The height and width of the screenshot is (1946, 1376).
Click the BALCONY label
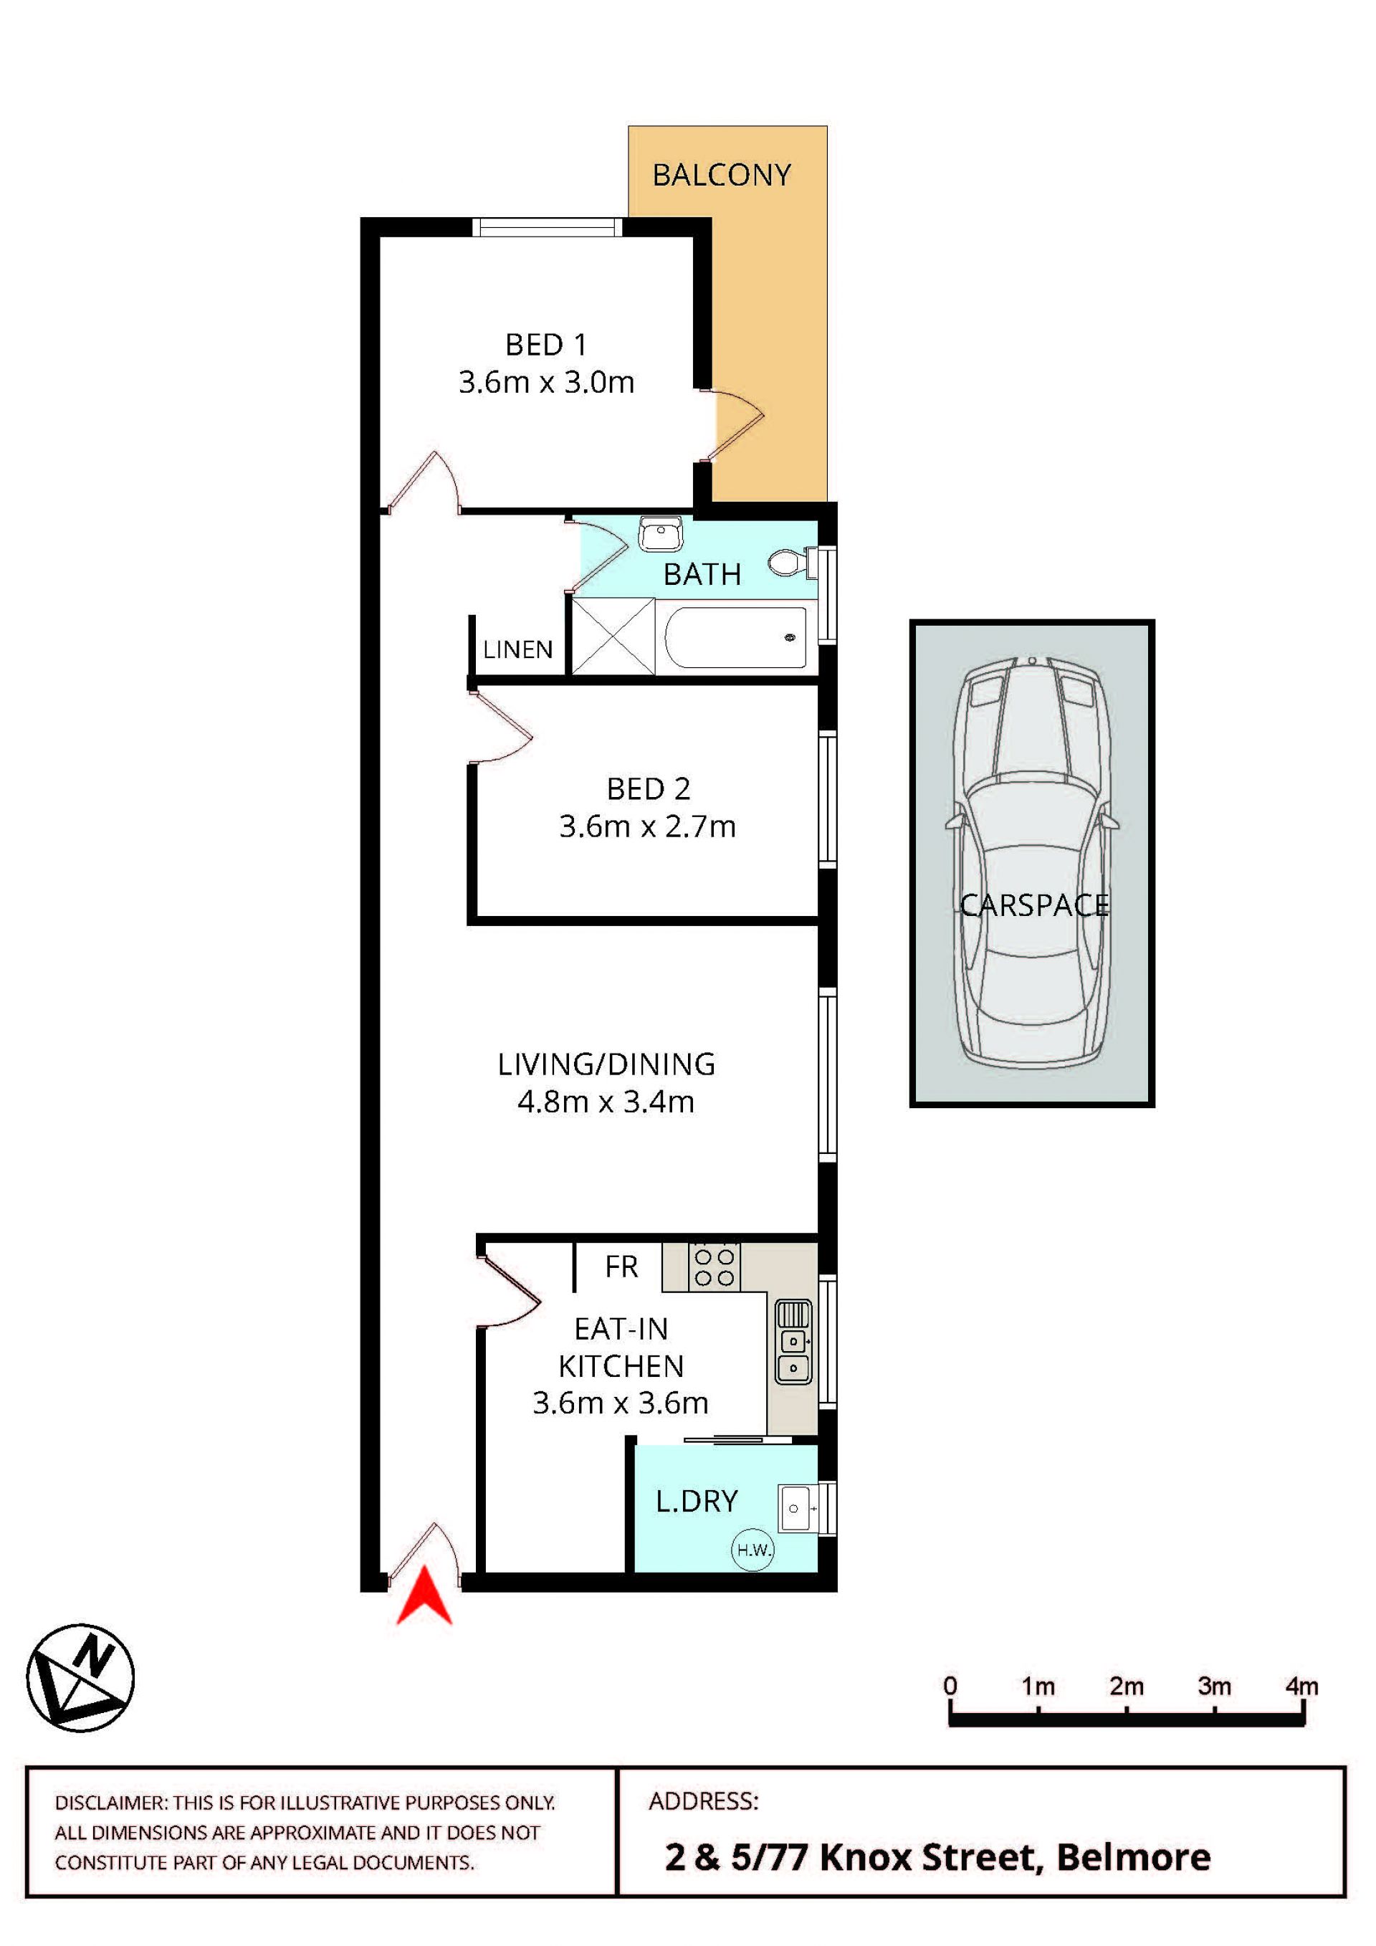722,175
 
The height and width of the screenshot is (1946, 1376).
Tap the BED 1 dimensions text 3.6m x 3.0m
547,382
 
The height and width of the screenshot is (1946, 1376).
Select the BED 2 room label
648,788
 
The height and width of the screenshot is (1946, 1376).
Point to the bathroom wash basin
661,533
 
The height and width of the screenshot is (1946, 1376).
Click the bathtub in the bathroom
735,636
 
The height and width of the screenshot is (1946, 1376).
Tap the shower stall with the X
613,636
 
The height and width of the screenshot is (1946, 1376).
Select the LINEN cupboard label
517,649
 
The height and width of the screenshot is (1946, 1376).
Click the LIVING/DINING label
606,1064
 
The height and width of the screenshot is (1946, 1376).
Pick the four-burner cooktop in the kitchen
715,1267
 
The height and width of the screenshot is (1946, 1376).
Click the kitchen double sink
794,1342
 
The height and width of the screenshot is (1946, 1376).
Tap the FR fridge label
621,1267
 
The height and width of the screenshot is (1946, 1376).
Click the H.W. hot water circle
752,1550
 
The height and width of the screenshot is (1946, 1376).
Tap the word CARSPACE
1033,905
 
